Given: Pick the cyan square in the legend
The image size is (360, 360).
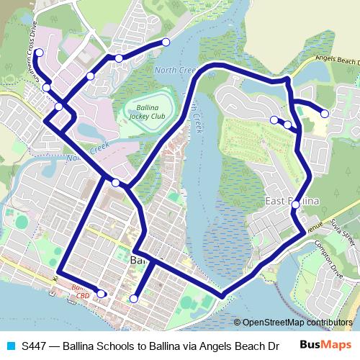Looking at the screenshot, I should coord(10,344).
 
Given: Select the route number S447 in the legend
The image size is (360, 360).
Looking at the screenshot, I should coord(35,344).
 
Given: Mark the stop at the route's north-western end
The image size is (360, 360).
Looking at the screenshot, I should coord(39,53).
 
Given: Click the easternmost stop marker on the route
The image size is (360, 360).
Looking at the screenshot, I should coord(325,114).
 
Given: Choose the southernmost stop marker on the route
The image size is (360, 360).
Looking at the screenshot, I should coord(134,298).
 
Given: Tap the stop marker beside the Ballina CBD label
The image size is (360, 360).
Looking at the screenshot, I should coord(102,293).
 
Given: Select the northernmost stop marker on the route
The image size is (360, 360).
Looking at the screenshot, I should coord(166,43).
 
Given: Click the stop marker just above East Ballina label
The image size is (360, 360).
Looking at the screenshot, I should coord(295,205).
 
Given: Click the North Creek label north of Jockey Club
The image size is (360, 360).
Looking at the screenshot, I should coord(175,71).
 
